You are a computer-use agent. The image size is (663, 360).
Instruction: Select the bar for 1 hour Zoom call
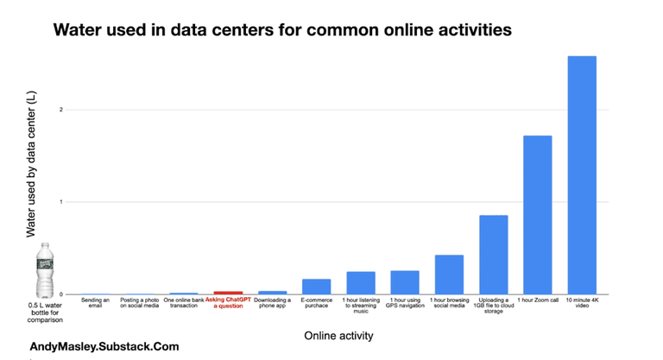click(x=537, y=215)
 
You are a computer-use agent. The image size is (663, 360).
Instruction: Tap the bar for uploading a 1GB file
click(x=493, y=255)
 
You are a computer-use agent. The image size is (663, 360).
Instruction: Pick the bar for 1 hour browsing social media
click(x=449, y=275)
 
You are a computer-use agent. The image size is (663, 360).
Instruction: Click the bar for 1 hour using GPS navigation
click(x=405, y=282)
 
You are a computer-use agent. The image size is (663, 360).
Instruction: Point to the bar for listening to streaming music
click(x=361, y=282)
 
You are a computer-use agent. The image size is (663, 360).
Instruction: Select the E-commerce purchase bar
click(x=316, y=287)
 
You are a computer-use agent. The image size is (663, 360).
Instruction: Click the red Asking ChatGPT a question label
click(x=228, y=303)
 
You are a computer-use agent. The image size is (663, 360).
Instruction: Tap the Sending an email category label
click(x=95, y=303)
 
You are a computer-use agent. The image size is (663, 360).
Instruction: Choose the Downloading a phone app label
click(x=273, y=303)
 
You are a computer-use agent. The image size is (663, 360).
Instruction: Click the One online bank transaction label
click(x=184, y=303)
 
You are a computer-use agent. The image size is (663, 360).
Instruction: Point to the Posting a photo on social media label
click(x=139, y=303)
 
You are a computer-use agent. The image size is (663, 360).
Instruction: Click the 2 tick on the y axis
click(x=60, y=110)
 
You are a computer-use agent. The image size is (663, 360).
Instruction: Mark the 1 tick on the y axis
click(x=60, y=202)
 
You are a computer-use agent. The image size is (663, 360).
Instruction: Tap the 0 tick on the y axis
click(x=60, y=294)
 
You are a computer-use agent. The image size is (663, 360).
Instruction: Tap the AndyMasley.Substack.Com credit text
click(x=104, y=346)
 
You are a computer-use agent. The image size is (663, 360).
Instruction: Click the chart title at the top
click(x=282, y=30)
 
